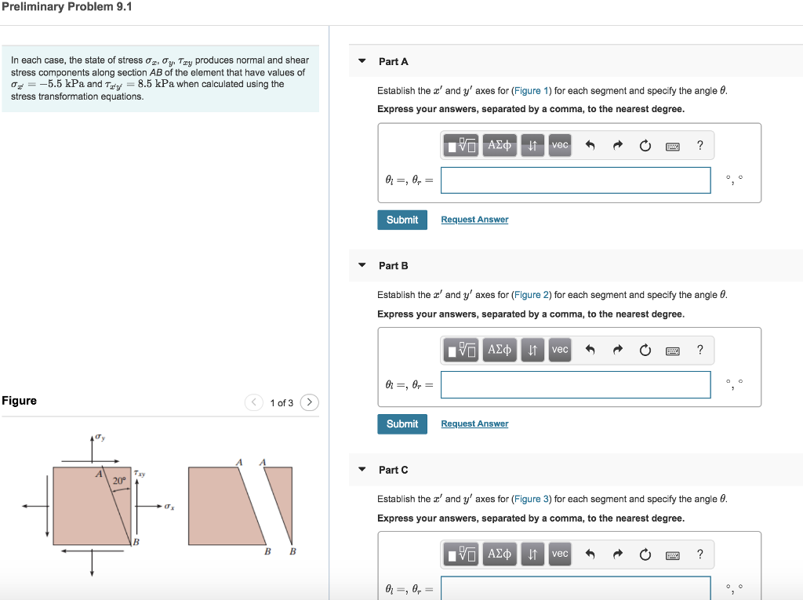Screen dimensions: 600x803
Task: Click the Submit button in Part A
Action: click(x=402, y=220)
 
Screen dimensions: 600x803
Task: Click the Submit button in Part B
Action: click(x=402, y=424)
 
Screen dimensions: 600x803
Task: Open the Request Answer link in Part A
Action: click(x=474, y=220)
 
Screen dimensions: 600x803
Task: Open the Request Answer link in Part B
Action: click(x=474, y=424)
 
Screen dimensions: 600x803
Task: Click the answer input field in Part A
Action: click(x=576, y=180)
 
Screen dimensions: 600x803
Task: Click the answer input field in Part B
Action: click(x=576, y=384)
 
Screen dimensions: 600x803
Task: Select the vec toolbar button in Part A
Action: click(x=559, y=145)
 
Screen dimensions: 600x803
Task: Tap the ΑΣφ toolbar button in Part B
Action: click(x=500, y=350)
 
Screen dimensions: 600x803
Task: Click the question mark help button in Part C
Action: click(x=700, y=554)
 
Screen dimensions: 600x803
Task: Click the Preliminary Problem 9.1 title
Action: click(x=67, y=7)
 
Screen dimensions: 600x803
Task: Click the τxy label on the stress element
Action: click(x=140, y=474)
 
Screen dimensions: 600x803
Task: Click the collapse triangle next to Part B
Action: click(x=362, y=265)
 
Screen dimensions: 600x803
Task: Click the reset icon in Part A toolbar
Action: click(x=645, y=145)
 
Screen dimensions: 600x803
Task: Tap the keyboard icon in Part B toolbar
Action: click(x=672, y=350)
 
